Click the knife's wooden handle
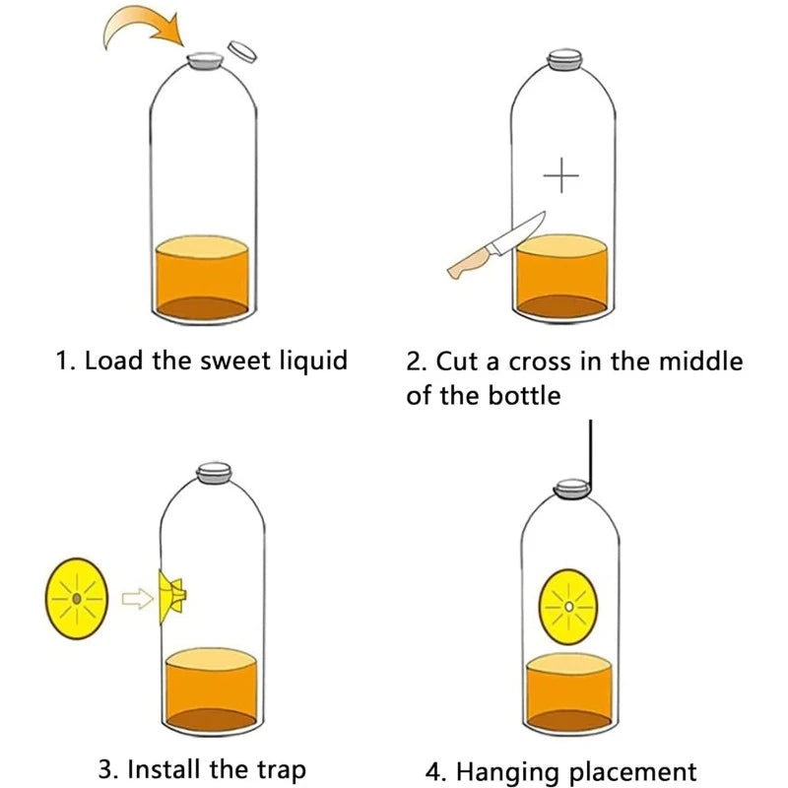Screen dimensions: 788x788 470,263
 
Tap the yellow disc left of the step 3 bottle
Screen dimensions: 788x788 76,598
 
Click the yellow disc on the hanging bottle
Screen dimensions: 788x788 568,608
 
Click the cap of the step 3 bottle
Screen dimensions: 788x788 212,473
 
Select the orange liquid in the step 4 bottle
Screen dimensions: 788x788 568,689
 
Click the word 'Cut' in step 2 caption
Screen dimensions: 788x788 457,360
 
